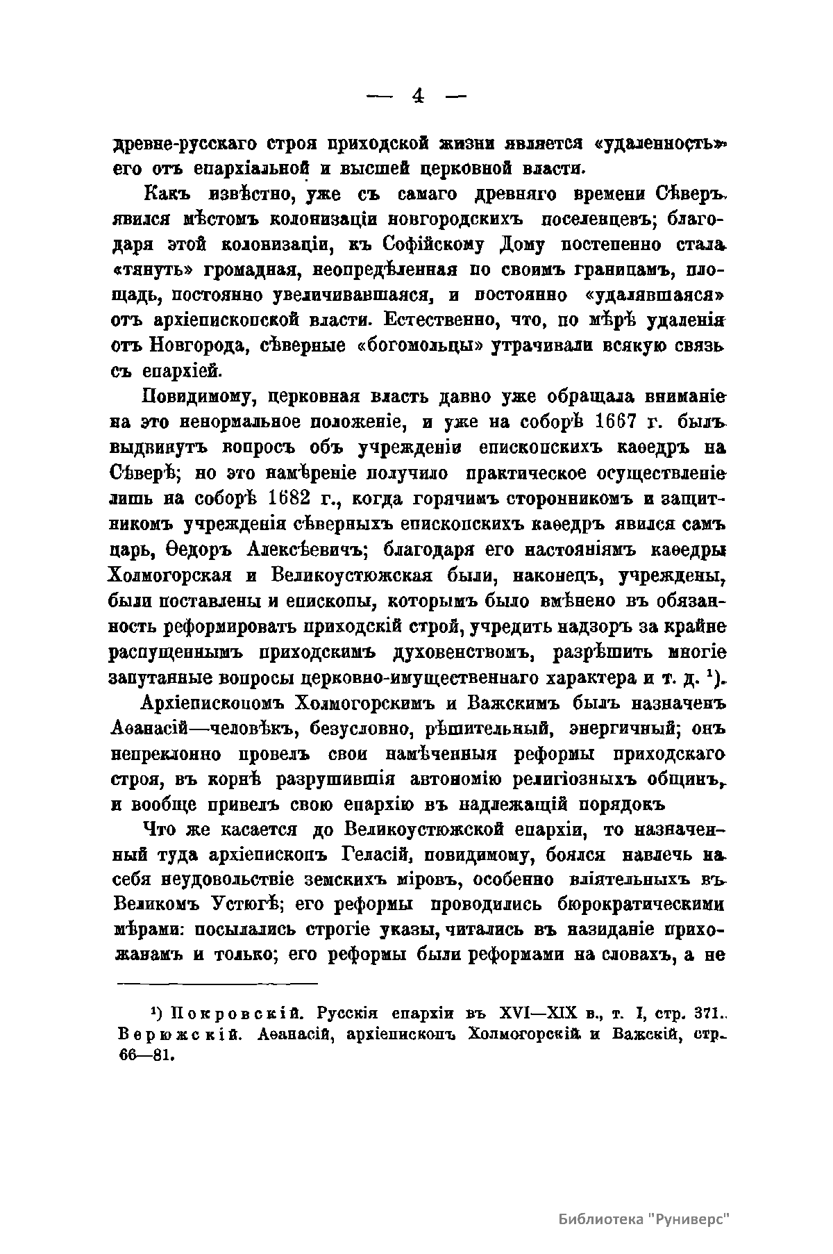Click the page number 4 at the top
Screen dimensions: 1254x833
[417, 96]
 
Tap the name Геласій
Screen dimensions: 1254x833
[379, 855]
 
